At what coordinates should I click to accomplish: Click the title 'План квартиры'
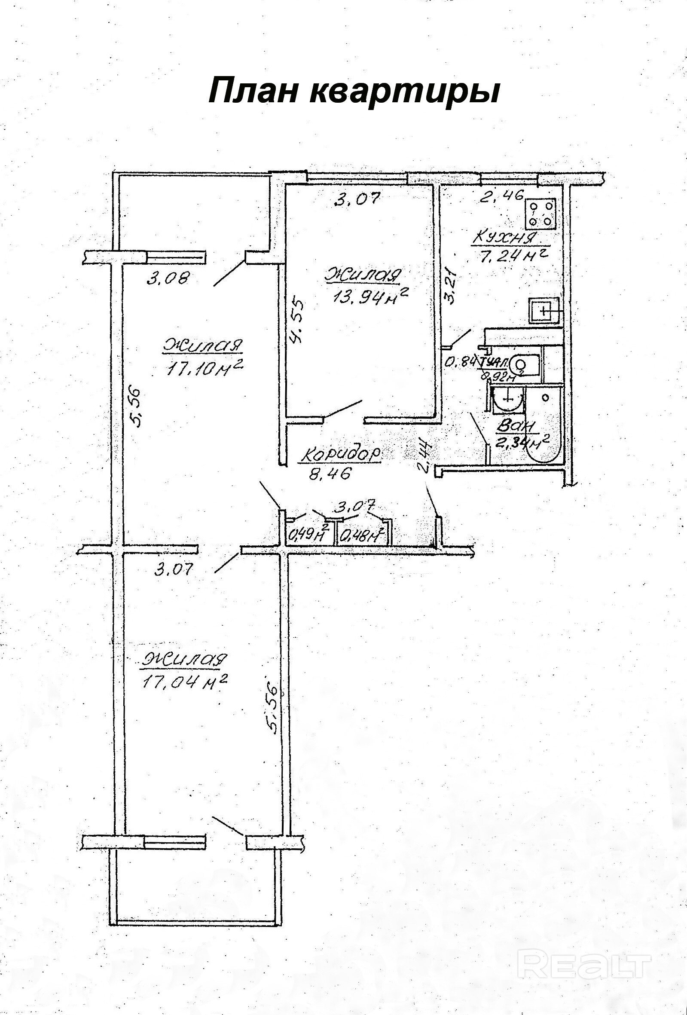coord(354,90)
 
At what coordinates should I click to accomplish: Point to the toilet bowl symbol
coord(524,364)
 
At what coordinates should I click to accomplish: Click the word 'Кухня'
coord(504,238)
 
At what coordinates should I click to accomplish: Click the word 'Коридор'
coord(339,455)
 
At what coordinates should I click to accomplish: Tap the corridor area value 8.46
coord(330,474)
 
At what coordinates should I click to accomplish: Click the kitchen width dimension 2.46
coord(501,196)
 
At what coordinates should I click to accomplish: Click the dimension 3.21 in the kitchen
coord(450,287)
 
